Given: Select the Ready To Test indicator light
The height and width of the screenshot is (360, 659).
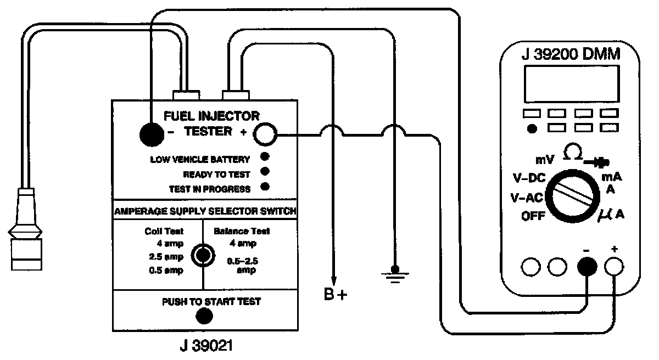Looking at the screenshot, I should point(265,173).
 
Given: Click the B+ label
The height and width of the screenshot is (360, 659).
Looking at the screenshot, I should point(336,295).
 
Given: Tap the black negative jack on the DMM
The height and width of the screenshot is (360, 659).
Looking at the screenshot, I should point(587,267).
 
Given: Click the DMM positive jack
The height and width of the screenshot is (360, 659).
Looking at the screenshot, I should point(614,267).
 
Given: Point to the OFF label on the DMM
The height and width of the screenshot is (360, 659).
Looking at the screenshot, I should point(534,216).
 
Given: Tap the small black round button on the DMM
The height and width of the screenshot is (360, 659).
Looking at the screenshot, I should point(531,129).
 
